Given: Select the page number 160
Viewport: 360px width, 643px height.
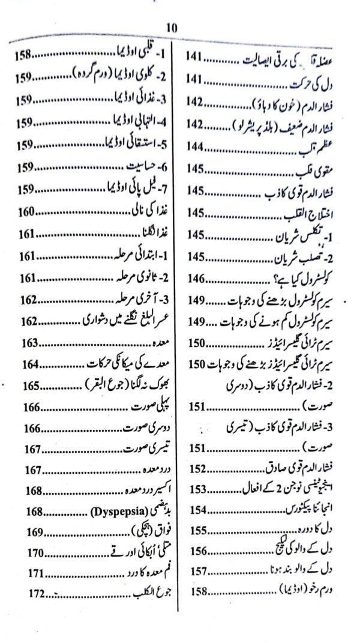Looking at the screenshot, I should point(28,212).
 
